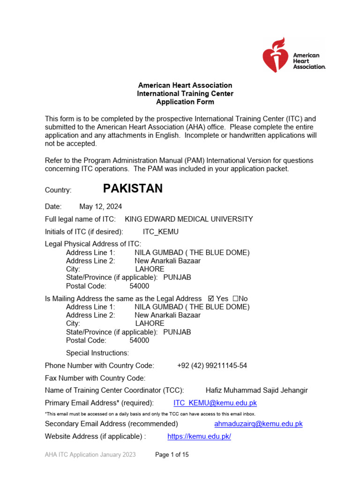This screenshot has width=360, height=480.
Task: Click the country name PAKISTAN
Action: click(133, 189)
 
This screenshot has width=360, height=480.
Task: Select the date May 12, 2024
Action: click(101, 206)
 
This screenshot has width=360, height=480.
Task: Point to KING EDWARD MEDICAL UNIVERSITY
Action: click(189, 219)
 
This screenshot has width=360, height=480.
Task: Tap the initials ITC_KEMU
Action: click(161, 232)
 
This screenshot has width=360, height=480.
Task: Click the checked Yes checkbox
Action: click(210, 299)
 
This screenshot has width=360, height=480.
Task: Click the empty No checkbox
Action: click(235, 299)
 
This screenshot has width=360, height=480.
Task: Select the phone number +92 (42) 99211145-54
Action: click(212, 365)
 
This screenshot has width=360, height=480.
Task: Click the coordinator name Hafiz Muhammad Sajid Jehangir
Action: click(257, 390)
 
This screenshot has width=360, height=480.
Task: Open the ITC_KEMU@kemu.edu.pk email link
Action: click(215, 403)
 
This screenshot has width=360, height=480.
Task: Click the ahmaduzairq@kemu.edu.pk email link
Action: click(258, 424)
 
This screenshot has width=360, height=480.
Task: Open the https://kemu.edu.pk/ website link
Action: click(199, 436)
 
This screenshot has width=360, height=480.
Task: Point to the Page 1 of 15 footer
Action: click(172, 455)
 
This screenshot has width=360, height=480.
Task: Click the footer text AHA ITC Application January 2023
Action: click(90, 455)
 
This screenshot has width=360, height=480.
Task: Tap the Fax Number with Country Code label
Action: click(95, 378)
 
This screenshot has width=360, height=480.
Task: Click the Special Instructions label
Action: click(97, 352)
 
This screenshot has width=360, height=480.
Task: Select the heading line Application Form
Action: click(185, 102)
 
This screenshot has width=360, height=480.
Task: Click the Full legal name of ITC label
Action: click(80, 219)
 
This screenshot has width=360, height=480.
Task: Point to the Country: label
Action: click(58, 190)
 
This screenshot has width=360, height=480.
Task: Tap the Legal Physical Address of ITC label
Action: click(93, 244)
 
